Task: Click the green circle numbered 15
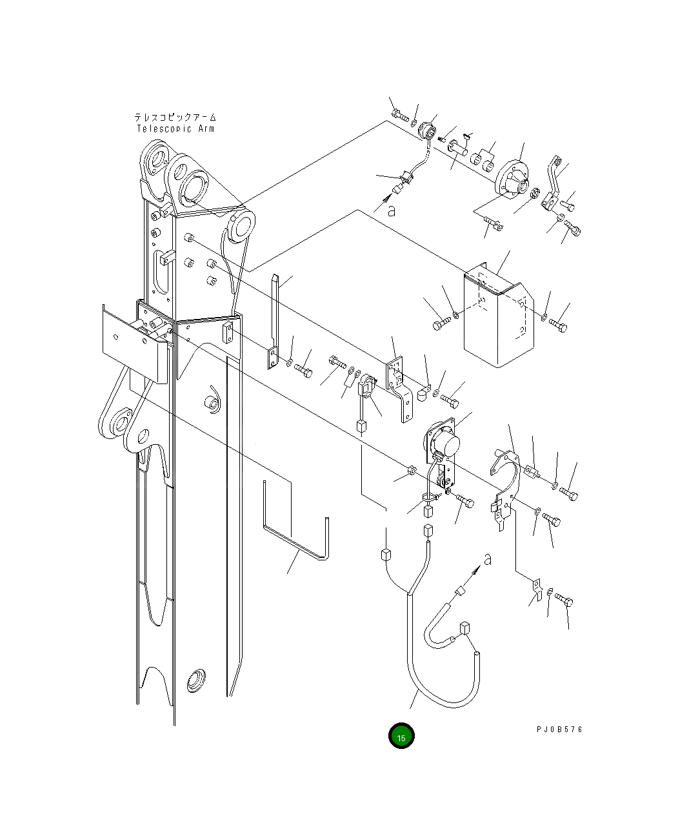click(x=401, y=736)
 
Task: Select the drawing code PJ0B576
click(x=559, y=729)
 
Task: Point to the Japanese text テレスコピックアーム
click(x=175, y=118)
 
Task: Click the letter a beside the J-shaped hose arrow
click(x=488, y=560)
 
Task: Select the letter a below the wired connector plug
click(x=392, y=210)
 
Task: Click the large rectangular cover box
click(x=497, y=320)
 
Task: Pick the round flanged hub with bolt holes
click(x=512, y=177)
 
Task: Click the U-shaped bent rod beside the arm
click(x=297, y=536)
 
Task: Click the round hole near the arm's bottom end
click(x=194, y=681)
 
